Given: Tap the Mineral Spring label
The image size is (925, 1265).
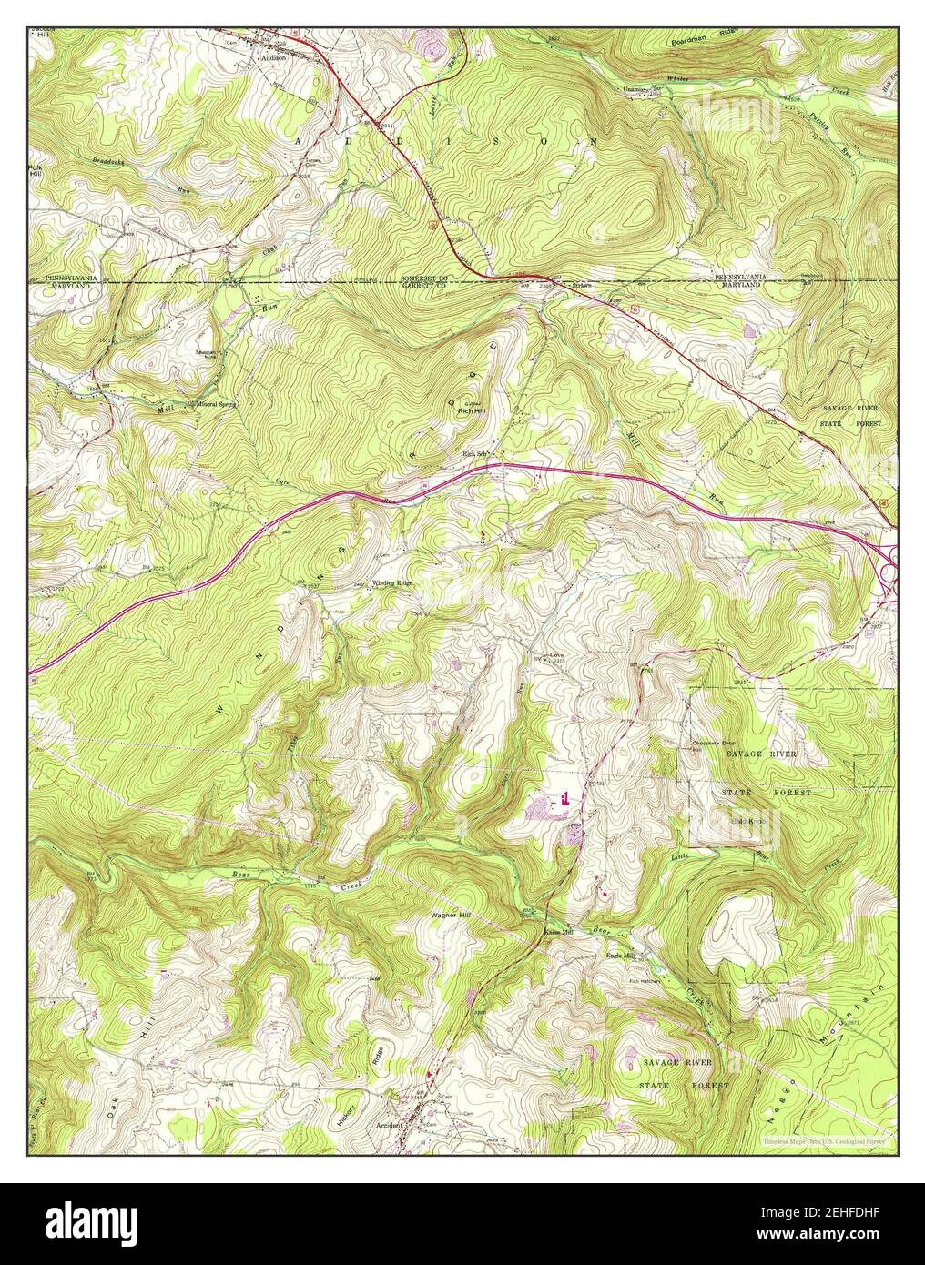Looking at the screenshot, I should pos(217,404).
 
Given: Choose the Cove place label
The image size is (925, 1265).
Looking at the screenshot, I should pos(557,654).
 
